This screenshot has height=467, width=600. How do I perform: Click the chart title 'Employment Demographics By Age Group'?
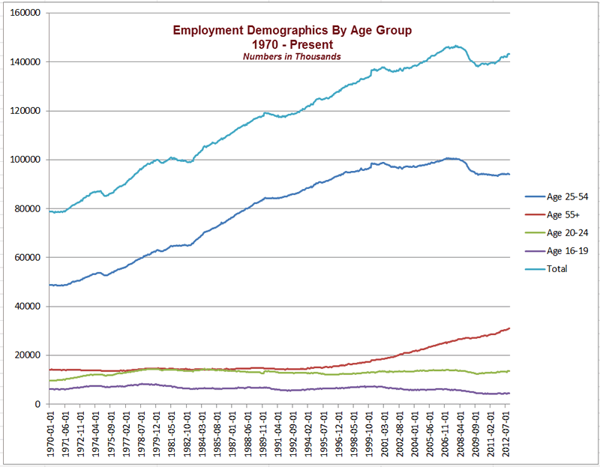292,30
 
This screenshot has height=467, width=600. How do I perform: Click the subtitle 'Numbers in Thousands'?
292,56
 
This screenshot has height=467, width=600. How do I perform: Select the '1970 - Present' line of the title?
292,43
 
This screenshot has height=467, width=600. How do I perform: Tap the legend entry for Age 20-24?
567,232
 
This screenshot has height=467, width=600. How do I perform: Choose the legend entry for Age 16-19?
567,250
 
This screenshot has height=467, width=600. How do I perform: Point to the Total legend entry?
557,268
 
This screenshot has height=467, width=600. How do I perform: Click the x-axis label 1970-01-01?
50,435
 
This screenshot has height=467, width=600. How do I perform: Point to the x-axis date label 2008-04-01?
459,435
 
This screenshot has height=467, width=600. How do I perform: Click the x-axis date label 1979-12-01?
157,435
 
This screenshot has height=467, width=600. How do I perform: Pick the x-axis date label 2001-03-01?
383,435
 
